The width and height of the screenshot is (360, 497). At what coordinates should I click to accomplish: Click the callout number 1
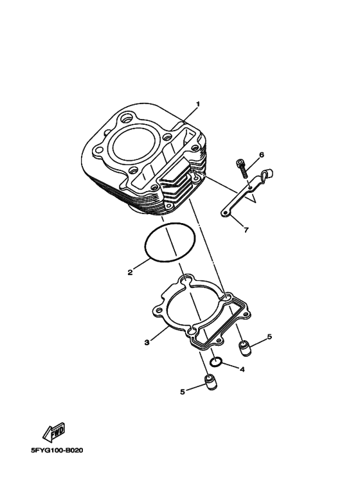[x=198, y=104]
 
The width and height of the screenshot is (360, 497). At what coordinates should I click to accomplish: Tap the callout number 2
[x=130, y=272]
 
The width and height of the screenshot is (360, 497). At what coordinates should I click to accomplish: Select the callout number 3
[x=147, y=342]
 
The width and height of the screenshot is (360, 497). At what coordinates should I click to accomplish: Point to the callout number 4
[x=242, y=370]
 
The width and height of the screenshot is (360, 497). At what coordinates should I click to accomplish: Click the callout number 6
[x=262, y=155]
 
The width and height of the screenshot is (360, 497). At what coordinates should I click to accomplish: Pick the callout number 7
[x=246, y=230]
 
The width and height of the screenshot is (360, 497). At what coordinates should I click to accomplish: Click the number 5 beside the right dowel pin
[x=269, y=337]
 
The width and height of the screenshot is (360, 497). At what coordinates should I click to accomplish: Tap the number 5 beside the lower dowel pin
[x=182, y=392]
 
